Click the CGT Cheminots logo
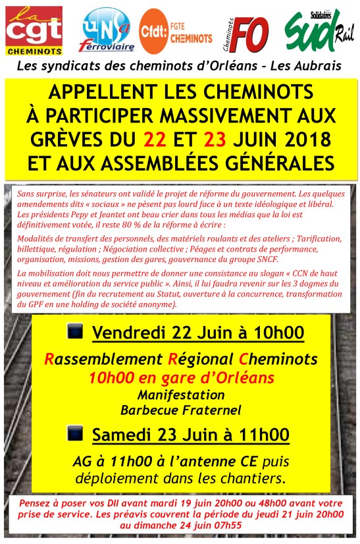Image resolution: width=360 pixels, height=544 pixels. point(34,30)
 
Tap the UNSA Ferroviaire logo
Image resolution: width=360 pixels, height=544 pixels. point(107,32)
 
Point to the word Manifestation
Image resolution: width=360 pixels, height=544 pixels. point(181,395)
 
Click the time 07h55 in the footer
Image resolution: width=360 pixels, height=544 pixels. point(222,526)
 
